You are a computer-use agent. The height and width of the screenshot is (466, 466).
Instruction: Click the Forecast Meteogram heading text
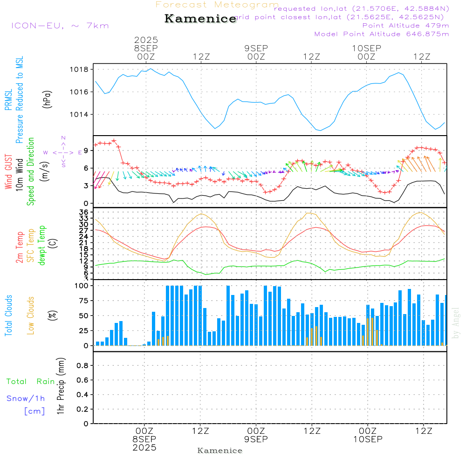pyautogui.click(x=217, y=5)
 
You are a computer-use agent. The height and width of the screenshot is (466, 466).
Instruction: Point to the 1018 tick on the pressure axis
pyautogui.click(x=79, y=69)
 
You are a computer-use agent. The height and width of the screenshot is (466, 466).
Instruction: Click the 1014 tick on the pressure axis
pyautogui.click(x=79, y=115)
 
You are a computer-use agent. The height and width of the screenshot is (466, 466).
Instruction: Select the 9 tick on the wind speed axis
pyautogui.click(x=85, y=151)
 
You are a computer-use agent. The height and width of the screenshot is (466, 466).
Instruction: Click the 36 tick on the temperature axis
pyautogui.click(x=85, y=212)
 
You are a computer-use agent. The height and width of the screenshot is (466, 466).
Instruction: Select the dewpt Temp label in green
pyautogui.click(x=41, y=246)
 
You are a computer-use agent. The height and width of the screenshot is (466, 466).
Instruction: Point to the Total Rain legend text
pyautogui.click(x=31, y=382)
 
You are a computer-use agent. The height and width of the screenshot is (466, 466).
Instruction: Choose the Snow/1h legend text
pyautogui.click(x=26, y=398)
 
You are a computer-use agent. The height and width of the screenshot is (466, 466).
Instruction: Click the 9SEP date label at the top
pyautogui.click(x=256, y=48)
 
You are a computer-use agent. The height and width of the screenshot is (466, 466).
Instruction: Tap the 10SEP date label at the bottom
pyautogui.click(x=368, y=439)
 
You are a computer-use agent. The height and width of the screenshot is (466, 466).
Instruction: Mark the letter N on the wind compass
pyautogui.click(x=63, y=138)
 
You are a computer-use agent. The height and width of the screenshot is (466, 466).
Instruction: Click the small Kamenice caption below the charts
pyautogui.click(x=220, y=451)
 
